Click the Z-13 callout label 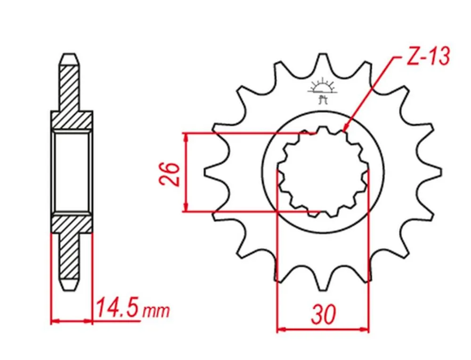pos(428,56)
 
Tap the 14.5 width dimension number pos(118,308)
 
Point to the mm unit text pos(155,311)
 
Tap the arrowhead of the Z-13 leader pos(345,128)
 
